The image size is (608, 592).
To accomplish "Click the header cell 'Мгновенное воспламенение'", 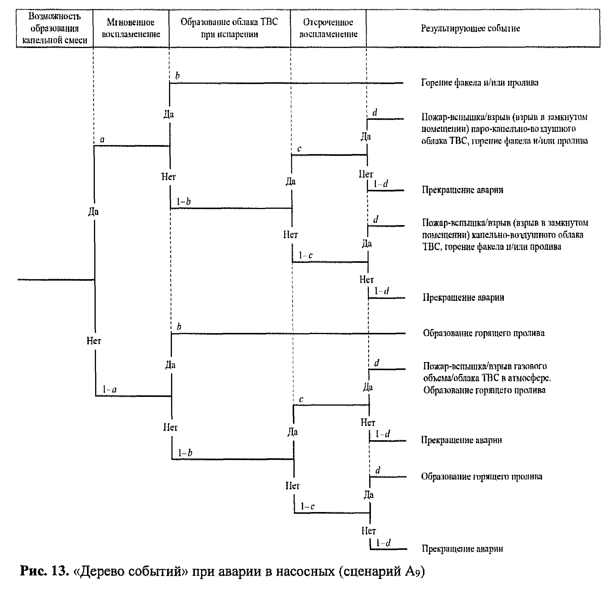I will [x=131, y=28].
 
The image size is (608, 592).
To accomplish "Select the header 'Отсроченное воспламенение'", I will [x=328, y=28].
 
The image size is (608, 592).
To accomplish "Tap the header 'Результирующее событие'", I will [x=470, y=28].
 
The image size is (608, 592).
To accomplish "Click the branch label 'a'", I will [x=102, y=140].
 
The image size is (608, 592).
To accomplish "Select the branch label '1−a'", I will [x=109, y=389].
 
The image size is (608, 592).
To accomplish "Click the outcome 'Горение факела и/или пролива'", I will [x=479, y=82].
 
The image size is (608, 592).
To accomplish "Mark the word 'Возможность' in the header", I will [x=54, y=16].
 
